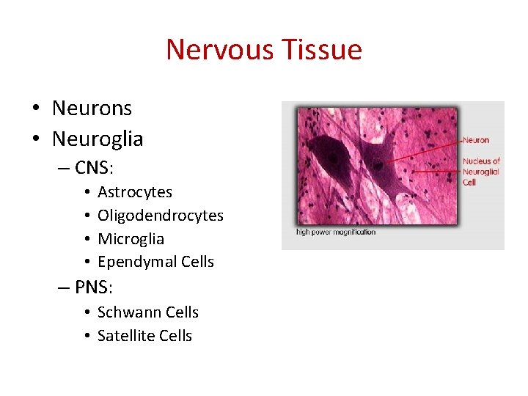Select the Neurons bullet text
pos(92,109)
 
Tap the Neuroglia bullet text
pos(98,138)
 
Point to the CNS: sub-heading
pos(94,168)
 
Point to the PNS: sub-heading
pos(94,286)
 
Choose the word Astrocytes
pos(135,192)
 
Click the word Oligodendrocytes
pos(161,216)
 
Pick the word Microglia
pos(131,239)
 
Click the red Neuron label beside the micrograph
pos(475,140)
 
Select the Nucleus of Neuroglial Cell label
pos(481,171)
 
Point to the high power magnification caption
pos(336,232)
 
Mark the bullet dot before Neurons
pos(35,109)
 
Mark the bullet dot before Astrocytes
pos(87,193)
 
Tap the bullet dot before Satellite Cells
pos(87,337)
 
